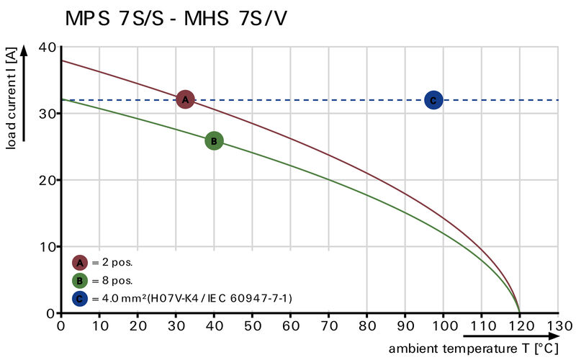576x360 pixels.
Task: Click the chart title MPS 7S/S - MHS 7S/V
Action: tap(176, 18)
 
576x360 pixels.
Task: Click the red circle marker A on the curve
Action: tap(185, 99)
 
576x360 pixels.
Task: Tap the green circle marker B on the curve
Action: tap(213, 141)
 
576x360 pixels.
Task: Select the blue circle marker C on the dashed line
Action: tap(433, 100)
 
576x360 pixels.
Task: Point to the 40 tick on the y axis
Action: tap(48, 47)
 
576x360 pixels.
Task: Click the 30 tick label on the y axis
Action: tap(48, 114)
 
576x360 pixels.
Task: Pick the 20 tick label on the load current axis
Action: tap(48, 180)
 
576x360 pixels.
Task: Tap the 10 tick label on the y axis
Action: tap(48, 247)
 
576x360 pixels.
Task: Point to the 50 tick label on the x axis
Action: tap(252, 326)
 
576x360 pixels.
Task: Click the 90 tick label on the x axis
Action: tap(405, 326)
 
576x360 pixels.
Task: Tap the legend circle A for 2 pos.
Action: tap(80, 264)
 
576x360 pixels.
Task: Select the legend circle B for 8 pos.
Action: tap(80, 281)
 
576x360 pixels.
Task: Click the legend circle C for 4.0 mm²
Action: tap(80, 298)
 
